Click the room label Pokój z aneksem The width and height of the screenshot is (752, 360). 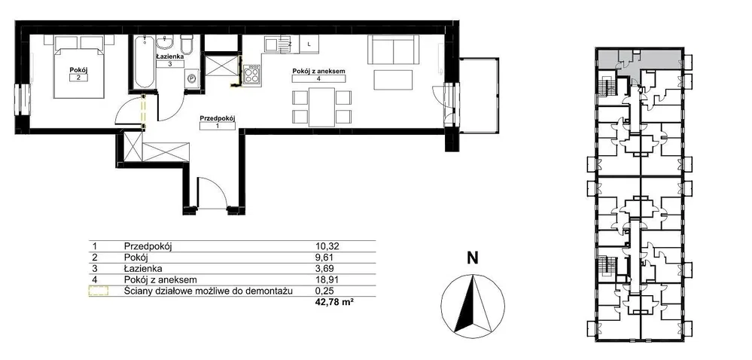coord(319,72)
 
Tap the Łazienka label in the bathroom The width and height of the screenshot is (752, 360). coord(170,56)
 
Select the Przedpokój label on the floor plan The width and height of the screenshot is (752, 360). coord(218,117)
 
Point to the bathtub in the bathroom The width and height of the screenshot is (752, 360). coord(144,62)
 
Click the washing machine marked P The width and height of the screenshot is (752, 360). coord(192,78)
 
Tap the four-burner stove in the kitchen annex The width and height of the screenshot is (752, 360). coord(252,76)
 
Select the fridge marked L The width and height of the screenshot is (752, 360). coord(309,44)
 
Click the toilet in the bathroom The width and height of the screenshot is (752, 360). coord(186,44)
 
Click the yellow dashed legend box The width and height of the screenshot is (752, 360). coord(99,291)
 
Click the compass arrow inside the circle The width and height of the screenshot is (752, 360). coord(473,304)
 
